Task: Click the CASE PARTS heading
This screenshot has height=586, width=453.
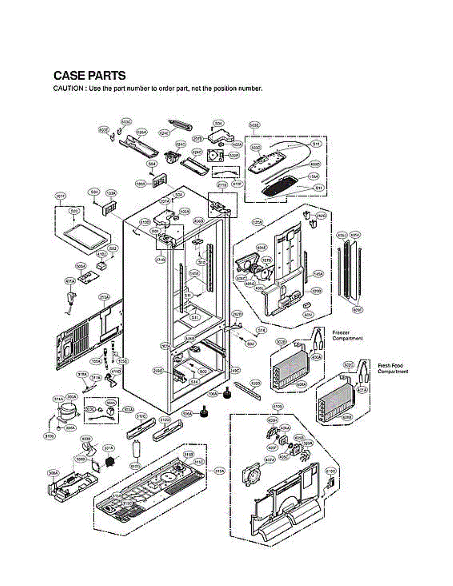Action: point(89,76)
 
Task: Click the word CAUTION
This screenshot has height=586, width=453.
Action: point(67,89)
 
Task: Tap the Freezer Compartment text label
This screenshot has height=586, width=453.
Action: point(347,335)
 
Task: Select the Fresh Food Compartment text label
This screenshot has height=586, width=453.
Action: point(392,369)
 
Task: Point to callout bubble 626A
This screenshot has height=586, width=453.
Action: point(142,132)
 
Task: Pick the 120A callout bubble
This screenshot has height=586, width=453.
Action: point(258,222)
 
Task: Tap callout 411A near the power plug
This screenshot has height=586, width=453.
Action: point(70,282)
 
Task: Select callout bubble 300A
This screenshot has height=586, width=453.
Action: point(72,397)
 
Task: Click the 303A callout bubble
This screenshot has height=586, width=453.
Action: point(129,409)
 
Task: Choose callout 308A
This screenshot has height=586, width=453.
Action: point(53,473)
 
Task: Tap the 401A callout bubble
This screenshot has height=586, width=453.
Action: point(362,390)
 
